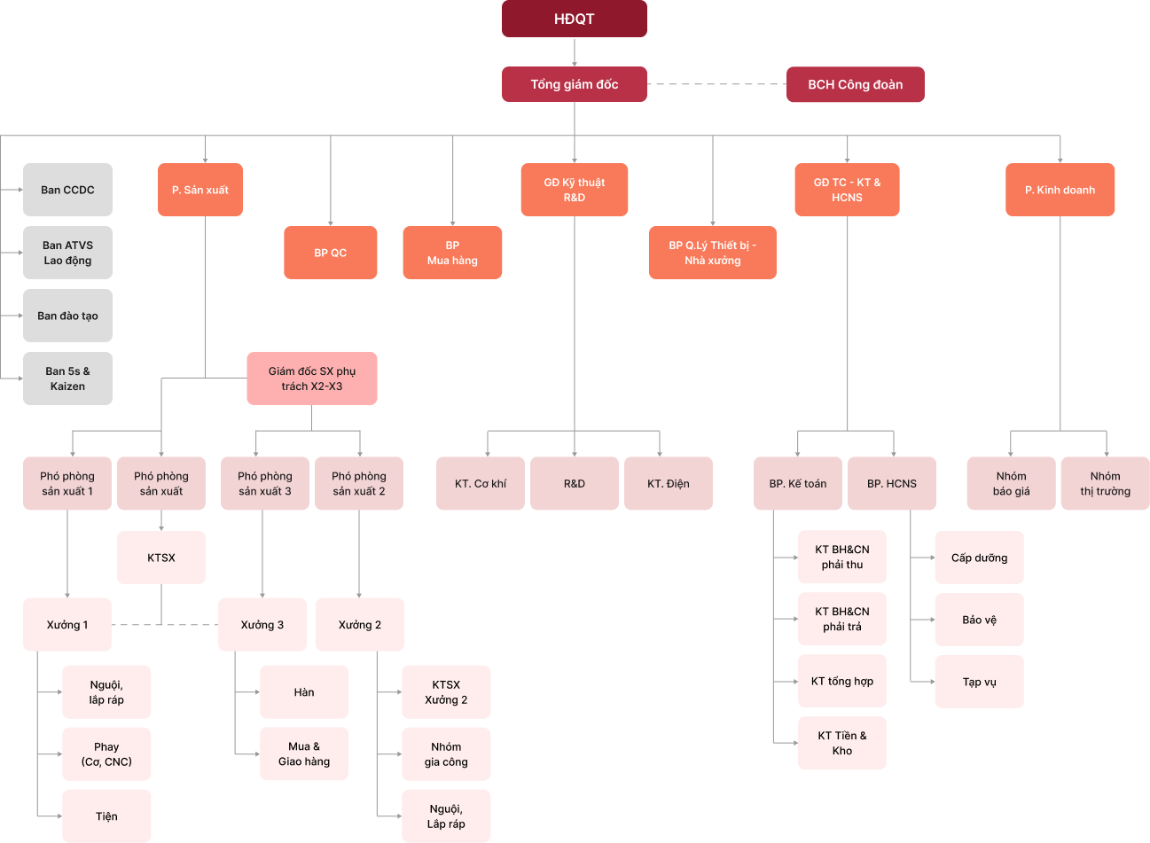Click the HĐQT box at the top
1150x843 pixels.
(574, 19)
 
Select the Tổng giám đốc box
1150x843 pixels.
(574, 84)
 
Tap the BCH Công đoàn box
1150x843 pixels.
(855, 84)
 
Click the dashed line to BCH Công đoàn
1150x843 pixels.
(716, 84)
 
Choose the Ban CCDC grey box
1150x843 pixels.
(67, 190)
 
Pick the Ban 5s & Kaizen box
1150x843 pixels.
(67, 379)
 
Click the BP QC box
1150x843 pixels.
(330, 253)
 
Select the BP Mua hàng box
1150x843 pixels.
(452, 253)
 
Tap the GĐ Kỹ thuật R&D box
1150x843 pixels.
(574, 190)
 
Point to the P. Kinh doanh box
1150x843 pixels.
(1060, 190)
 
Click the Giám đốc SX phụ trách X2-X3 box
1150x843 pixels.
(312, 379)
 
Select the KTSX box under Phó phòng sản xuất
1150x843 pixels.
(161, 558)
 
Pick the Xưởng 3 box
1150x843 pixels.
(262, 625)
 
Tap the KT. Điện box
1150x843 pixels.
(668, 483)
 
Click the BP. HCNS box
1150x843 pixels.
(891, 483)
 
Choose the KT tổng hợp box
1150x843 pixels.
(841, 682)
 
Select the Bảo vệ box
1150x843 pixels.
(979, 620)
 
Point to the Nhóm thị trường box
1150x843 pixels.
(1105, 483)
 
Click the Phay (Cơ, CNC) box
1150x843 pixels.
(106, 754)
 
